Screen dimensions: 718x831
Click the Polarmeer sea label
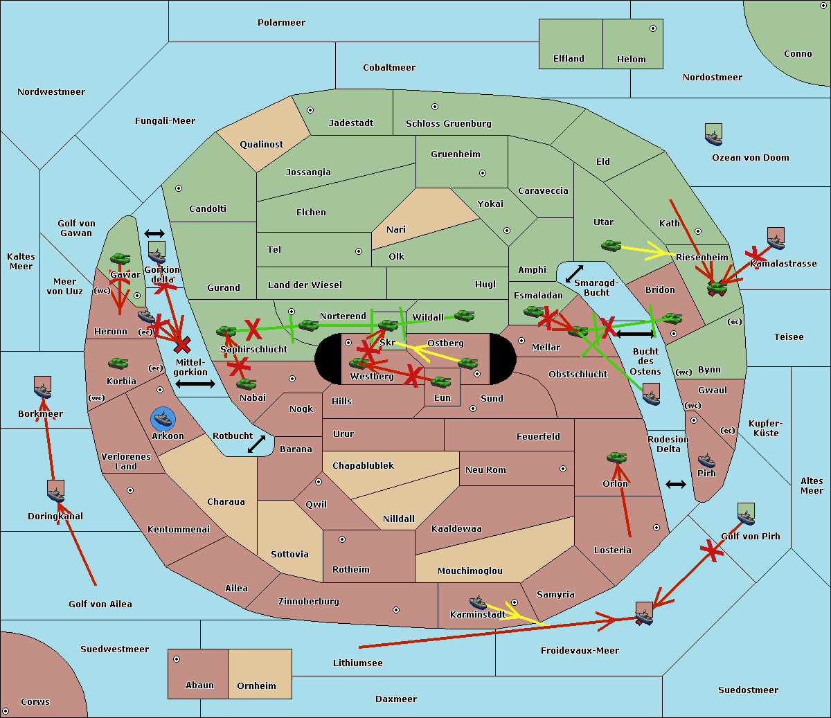tap(281, 23)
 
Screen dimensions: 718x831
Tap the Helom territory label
tap(631, 60)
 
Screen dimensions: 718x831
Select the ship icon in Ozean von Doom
tap(713, 135)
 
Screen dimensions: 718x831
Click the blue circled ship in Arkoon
tap(163, 419)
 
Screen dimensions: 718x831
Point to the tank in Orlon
tap(616, 458)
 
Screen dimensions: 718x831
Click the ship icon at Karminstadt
tap(479, 602)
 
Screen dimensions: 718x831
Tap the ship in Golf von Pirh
tap(746, 514)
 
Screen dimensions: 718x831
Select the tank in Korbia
tap(118, 364)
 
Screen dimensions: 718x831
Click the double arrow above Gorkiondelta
tap(154, 233)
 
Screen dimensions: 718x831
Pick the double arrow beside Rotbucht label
tap(256, 444)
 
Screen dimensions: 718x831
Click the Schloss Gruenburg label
tap(448, 124)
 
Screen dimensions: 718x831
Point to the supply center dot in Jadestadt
tap(310, 110)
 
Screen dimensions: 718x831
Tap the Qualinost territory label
tap(261, 145)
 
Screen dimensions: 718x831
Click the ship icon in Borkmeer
tap(43, 388)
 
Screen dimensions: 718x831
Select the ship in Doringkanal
tap(55, 491)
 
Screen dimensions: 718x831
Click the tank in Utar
tap(611, 246)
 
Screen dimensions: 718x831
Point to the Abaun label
tap(199, 685)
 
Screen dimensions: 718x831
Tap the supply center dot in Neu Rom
tap(563, 469)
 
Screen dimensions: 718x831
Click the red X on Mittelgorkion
tap(183, 344)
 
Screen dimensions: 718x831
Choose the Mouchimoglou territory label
tap(470, 571)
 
